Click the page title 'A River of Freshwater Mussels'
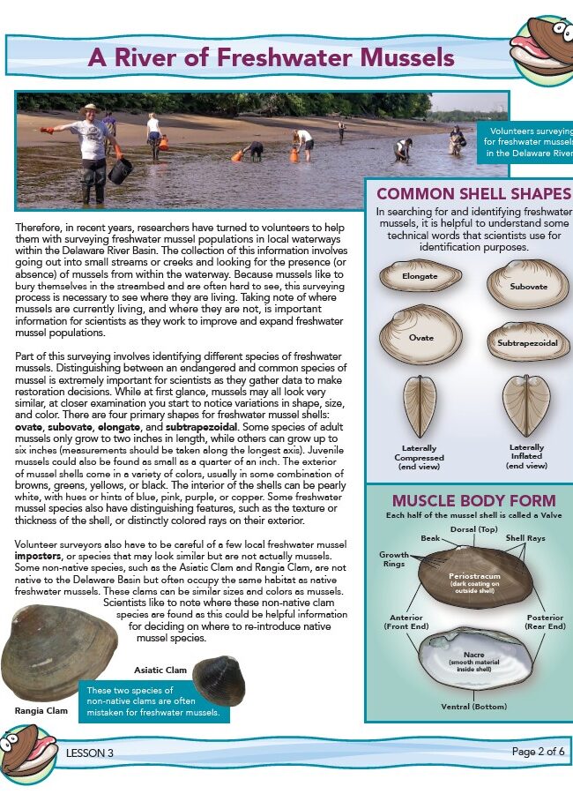pyautogui.click(x=271, y=58)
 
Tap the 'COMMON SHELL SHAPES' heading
pyautogui.click(x=473, y=194)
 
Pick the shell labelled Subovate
pyautogui.click(x=526, y=285)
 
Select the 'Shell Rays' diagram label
pyautogui.click(x=525, y=537)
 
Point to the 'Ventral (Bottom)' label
pyautogui.click(x=474, y=707)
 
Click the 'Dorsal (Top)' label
pyautogui.click(x=475, y=529)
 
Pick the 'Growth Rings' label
pyautogui.click(x=394, y=560)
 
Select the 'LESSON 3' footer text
pyautogui.click(x=90, y=753)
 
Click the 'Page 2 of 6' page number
pyautogui.click(x=538, y=752)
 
